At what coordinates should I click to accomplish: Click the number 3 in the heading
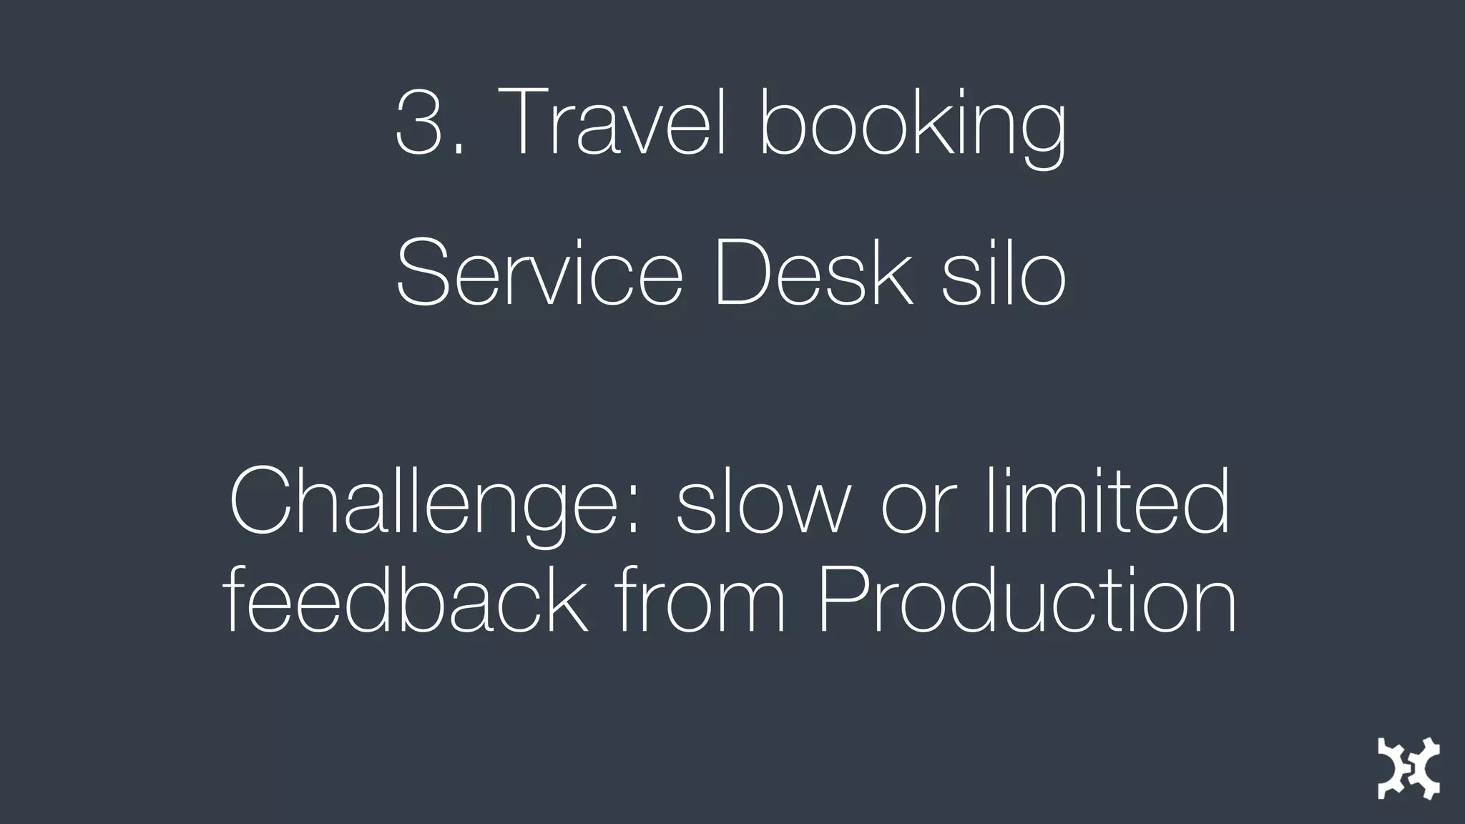click(419, 122)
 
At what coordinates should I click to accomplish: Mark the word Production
click(1027, 599)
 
